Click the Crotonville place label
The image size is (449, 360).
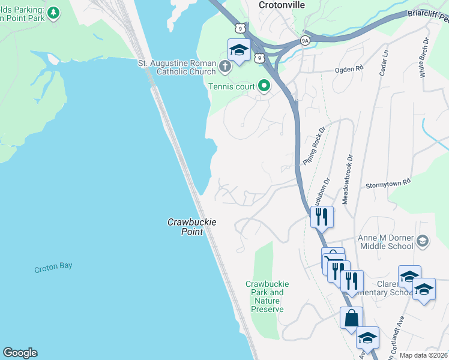pos(282,5)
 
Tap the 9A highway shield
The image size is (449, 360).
pos(304,41)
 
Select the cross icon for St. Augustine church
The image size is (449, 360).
pos(225,66)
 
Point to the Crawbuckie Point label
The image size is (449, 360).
pos(191,226)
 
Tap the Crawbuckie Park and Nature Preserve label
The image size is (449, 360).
pos(267,296)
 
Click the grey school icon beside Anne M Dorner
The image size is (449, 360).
pos(423,241)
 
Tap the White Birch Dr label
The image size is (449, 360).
pos(424,58)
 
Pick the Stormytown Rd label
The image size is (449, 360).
pos(388,182)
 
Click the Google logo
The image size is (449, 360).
pos(20,353)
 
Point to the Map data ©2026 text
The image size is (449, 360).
pos(423,355)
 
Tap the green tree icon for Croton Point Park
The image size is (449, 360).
pos(53,13)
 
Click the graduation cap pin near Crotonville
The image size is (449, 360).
pos(239,50)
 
